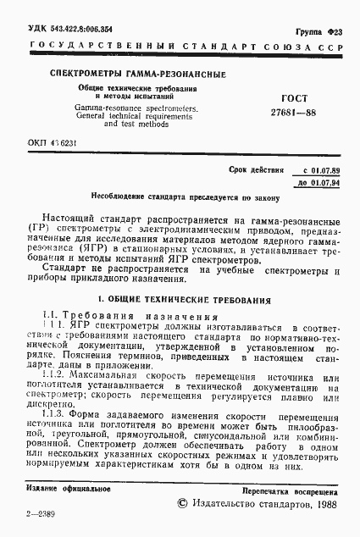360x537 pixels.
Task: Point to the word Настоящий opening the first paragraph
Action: coord(69,217)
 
